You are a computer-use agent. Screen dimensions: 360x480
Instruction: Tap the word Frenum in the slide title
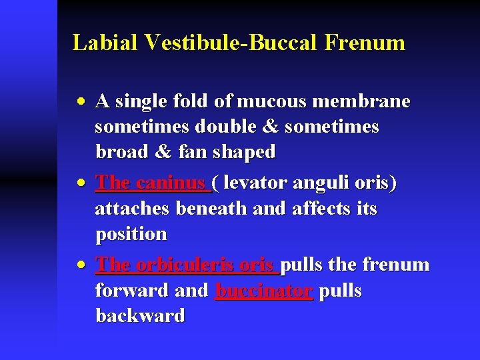pyautogui.click(x=365, y=43)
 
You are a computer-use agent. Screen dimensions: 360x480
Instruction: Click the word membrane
pyautogui.click(x=365, y=101)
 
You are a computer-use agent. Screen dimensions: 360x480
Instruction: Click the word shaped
pyautogui.click(x=244, y=152)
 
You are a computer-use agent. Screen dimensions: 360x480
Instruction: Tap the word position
pyautogui.click(x=131, y=235)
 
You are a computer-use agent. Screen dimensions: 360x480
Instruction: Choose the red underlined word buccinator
pyautogui.click(x=264, y=291)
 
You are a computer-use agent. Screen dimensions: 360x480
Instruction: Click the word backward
pyautogui.click(x=140, y=316)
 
